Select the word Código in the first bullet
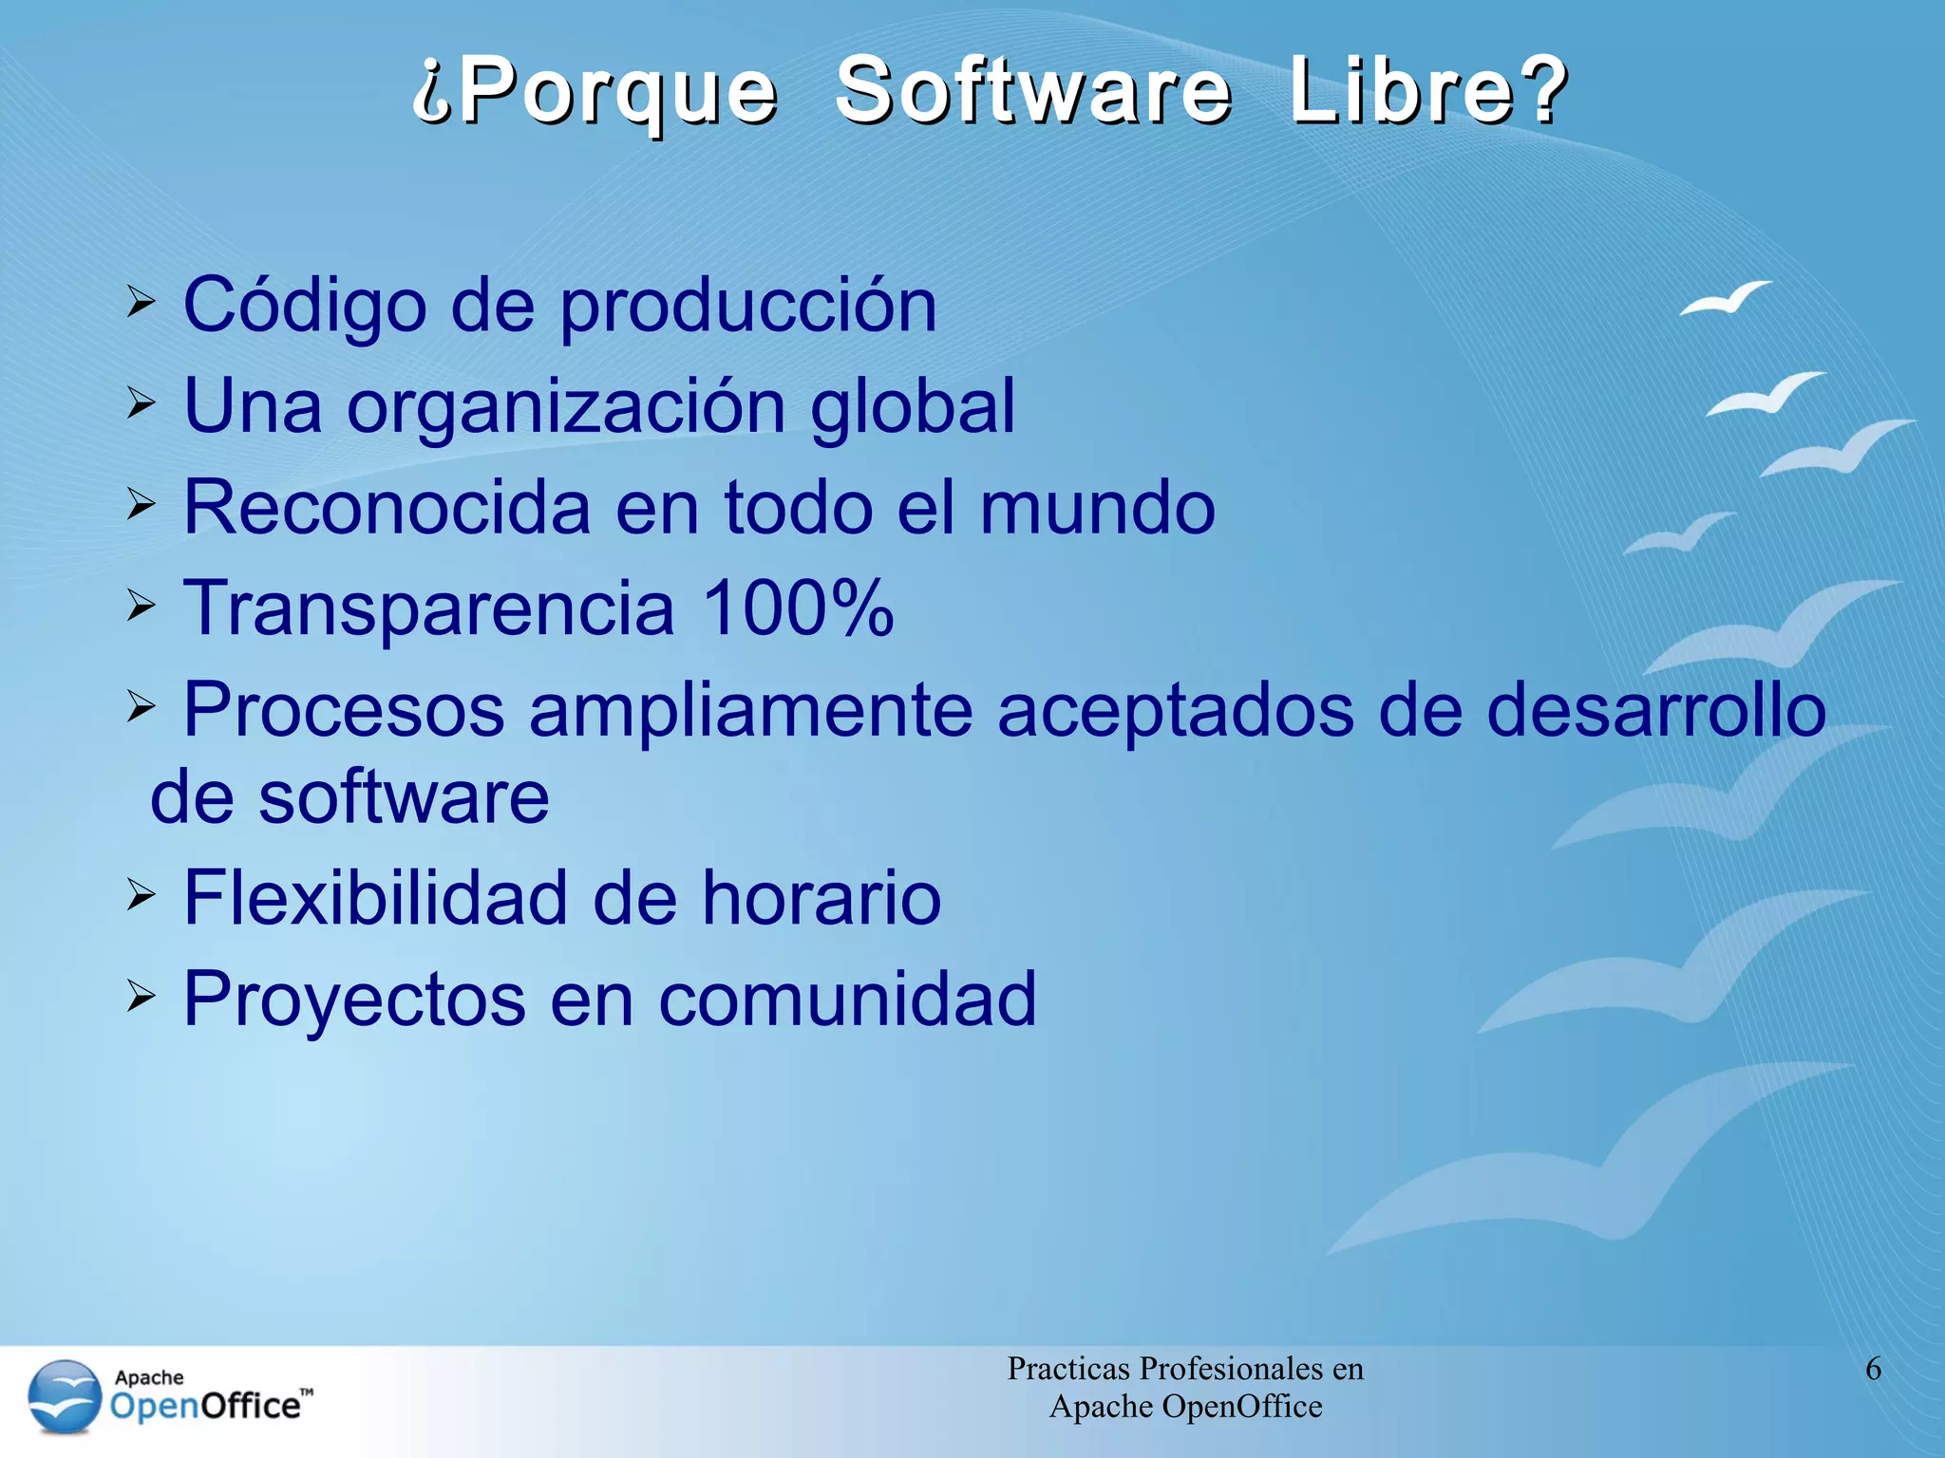305,306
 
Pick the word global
913,406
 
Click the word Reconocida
387,507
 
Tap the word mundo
1097,507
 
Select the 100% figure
798,607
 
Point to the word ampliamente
751,710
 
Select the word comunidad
847,999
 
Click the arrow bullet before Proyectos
141,996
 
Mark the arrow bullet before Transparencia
141,605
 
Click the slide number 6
1873,1369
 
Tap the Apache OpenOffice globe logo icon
65,1396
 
